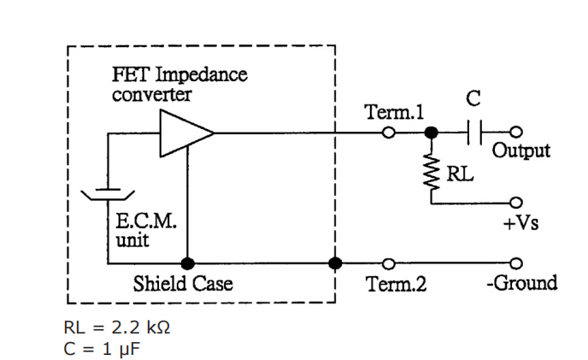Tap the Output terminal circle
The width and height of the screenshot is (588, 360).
[x=516, y=133]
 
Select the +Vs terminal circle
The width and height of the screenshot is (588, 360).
[x=516, y=203]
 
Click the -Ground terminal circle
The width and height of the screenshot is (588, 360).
[x=516, y=262]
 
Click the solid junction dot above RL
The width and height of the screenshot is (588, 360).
[x=432, y=133]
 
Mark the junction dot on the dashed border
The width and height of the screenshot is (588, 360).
[x=335, y=262]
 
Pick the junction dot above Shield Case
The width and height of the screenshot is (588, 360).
[x=187, y=262]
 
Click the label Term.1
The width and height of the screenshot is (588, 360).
[x=394, y=112]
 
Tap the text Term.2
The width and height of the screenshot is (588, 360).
[x=396, y=283]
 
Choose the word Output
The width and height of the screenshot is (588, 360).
[x=521, y=151]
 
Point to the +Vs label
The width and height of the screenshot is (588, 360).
[x=520, y=223]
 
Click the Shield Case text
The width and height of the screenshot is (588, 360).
[x=182, y=283]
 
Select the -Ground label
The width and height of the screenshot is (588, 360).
[x=521, y=283]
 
